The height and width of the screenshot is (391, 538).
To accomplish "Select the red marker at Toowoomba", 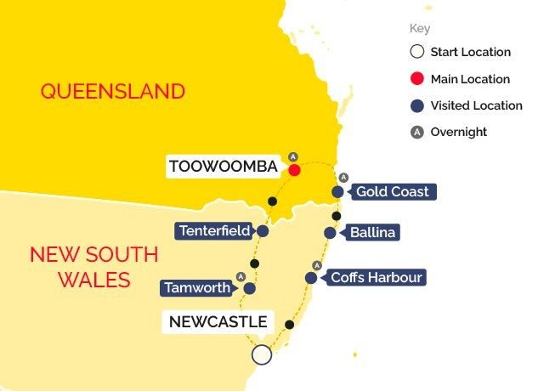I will [294, 170].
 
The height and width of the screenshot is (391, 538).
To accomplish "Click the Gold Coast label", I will [392, 192].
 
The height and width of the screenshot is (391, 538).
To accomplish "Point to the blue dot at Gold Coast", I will [338, 192].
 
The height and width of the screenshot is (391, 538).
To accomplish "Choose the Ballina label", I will [374, 232].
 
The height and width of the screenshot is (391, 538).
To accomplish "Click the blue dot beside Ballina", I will [330, 232].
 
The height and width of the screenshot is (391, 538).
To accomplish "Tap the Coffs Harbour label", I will [376, 277].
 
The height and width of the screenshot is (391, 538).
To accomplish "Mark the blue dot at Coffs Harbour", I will [312, 278].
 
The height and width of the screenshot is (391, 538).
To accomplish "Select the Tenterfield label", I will [213, 230].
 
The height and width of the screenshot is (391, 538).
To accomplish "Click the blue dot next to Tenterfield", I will [263, 231].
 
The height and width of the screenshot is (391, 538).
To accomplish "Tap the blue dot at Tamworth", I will [250, 288].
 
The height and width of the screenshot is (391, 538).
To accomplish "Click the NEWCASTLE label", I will [218, 321].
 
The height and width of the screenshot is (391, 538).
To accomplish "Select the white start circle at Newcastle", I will [262, 354].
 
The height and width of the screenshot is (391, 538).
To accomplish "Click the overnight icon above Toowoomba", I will [293, 156].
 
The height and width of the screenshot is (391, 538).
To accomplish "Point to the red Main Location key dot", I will [416, 79].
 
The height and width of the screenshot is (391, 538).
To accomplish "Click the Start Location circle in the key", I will [416, 52].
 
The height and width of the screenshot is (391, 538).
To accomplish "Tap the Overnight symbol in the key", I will [416, 132].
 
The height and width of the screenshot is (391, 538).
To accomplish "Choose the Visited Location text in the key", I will [476, 105].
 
